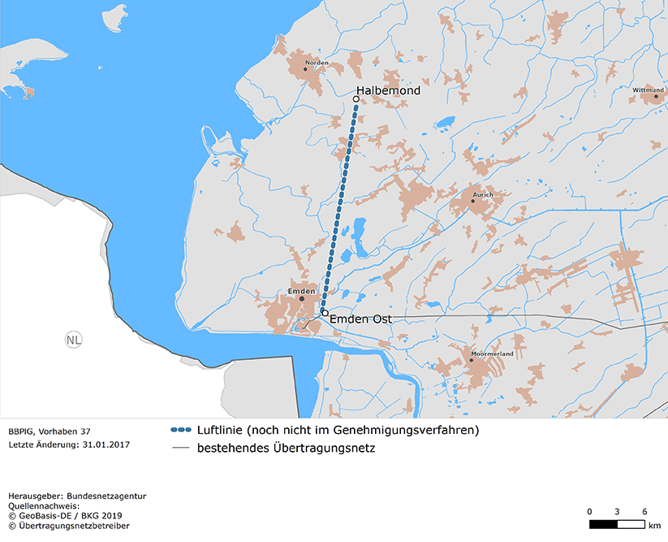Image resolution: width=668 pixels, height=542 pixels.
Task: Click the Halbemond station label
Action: click(x=388, y=91)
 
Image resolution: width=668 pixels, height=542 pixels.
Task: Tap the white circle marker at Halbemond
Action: click(x=356, y=99)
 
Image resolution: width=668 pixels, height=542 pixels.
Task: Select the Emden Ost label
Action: click(x=360, y=319)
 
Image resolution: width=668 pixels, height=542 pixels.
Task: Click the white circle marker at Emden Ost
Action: click(x=325, y=313)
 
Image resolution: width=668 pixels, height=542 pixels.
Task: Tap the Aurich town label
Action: click(x=482, y=195)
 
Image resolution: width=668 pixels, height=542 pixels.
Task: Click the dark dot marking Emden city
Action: click(x=302, y=298)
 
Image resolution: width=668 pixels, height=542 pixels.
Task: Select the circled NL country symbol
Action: click(x=73, y=340)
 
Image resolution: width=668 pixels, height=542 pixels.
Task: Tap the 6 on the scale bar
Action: click(x=644, y=511)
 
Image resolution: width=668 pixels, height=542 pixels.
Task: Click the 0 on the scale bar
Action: click(x=589, y=511)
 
